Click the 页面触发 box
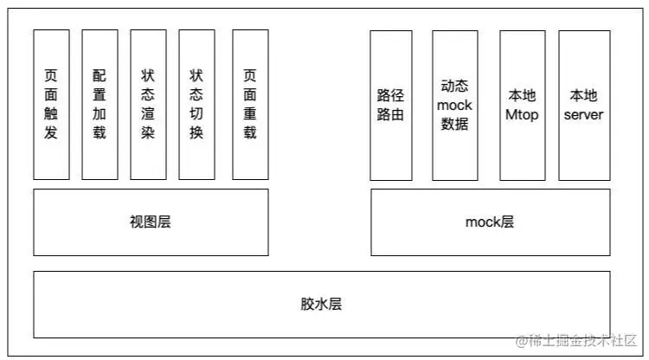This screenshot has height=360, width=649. coord(51,105)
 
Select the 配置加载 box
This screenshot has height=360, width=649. coord(100,105)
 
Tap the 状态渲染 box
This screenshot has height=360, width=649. coord(148,105)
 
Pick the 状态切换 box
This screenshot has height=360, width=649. coord(196,105)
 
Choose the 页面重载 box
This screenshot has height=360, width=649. coord(250,105)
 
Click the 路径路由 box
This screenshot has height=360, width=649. coord(390,105)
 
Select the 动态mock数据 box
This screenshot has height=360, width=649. coord(454,105)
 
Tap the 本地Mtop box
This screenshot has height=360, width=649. coord(521,105)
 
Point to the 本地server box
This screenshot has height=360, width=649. coord(583,105)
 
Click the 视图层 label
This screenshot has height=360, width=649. coord(151,222)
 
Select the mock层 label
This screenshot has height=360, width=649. coord(490,222)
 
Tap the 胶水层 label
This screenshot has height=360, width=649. coord(321,304)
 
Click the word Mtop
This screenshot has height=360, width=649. coord(521,114)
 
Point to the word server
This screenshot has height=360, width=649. coord(583,114)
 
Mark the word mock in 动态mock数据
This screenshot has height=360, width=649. coord(454,106)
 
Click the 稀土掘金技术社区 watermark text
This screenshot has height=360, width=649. coord(581,340)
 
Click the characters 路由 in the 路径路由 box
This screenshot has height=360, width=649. coord(390,115)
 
